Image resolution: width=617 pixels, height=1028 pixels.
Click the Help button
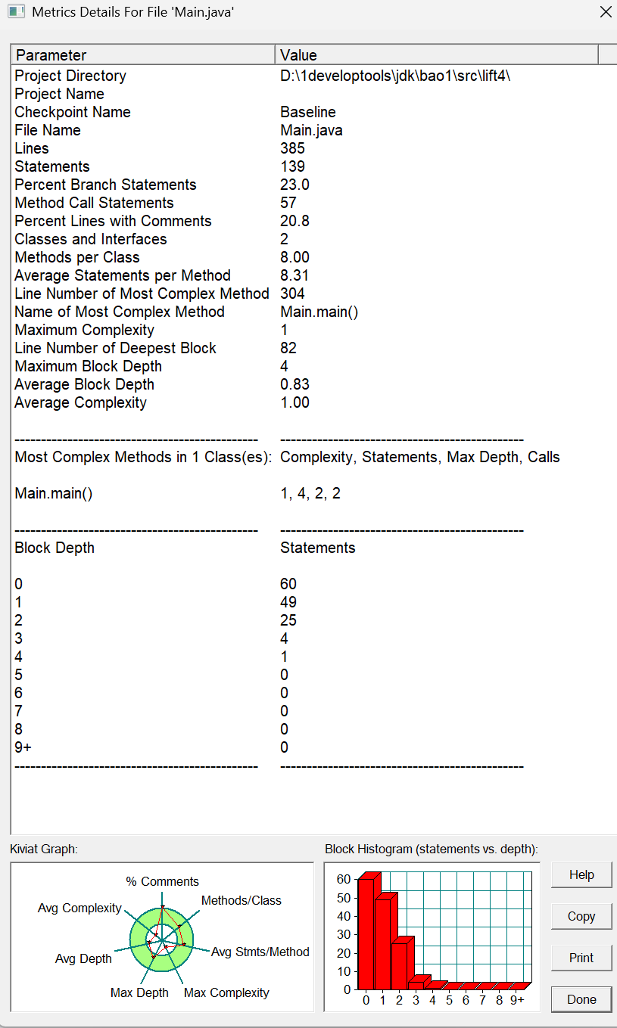pos(581,875)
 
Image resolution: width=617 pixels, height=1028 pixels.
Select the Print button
pos(581,958)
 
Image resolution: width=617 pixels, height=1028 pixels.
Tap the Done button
pos(581,999)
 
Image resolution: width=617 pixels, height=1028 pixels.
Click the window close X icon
pos(605,12)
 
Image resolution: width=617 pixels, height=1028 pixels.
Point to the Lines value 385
pos(291,148)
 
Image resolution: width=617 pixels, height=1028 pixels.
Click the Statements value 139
pos(292,166)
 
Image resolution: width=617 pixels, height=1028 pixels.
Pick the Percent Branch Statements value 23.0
pos(294,185)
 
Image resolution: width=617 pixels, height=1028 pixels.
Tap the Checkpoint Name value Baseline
pos(308,112)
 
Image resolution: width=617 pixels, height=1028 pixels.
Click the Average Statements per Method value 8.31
pos(294,275)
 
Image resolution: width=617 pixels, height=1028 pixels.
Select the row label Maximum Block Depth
pos(88,366)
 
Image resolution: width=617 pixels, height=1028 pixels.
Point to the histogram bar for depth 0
pos(366,934)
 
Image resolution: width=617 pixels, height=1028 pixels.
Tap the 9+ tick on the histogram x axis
pos(517,1000)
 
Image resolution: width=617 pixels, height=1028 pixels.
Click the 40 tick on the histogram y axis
pos(344,916)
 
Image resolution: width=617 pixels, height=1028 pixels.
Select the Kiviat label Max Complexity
pos(226,992)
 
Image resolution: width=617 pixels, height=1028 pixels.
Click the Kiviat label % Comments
pos(162,881)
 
